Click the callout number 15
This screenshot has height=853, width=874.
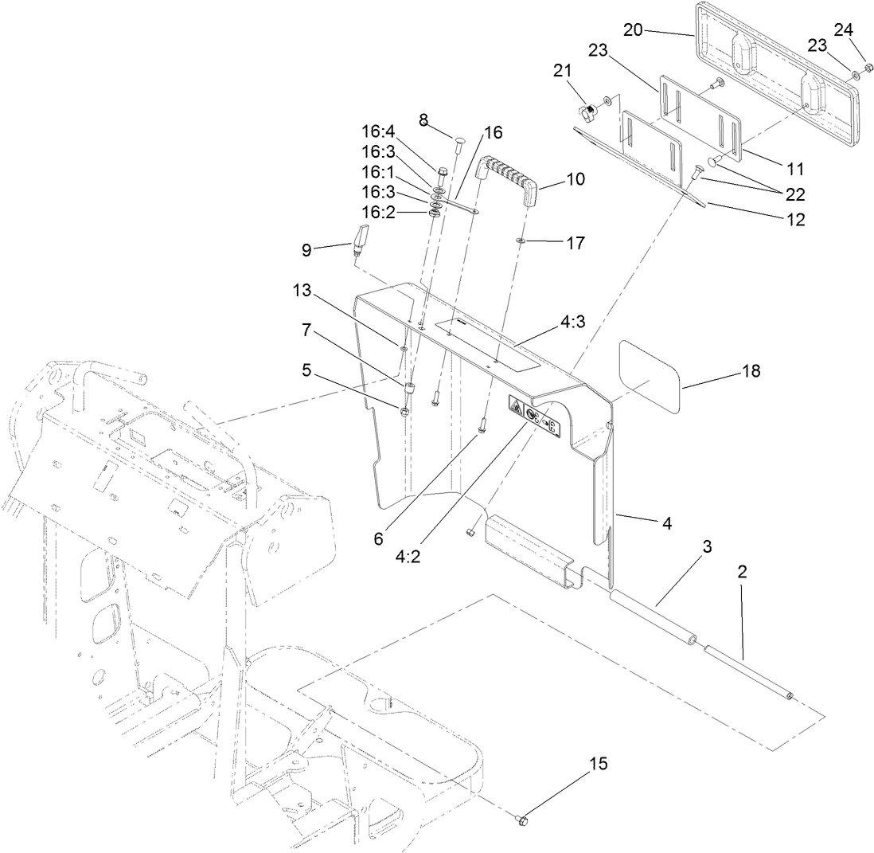[598, 764]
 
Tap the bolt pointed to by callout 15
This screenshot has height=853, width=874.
[522, 818]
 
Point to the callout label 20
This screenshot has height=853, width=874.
[633, 30]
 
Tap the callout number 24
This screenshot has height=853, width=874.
[843, 29]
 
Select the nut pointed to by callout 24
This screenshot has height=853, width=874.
[869, 67]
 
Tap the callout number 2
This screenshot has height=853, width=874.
[741, 570]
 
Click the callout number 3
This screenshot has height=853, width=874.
[706, 547]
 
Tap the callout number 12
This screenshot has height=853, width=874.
[793, 220]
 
